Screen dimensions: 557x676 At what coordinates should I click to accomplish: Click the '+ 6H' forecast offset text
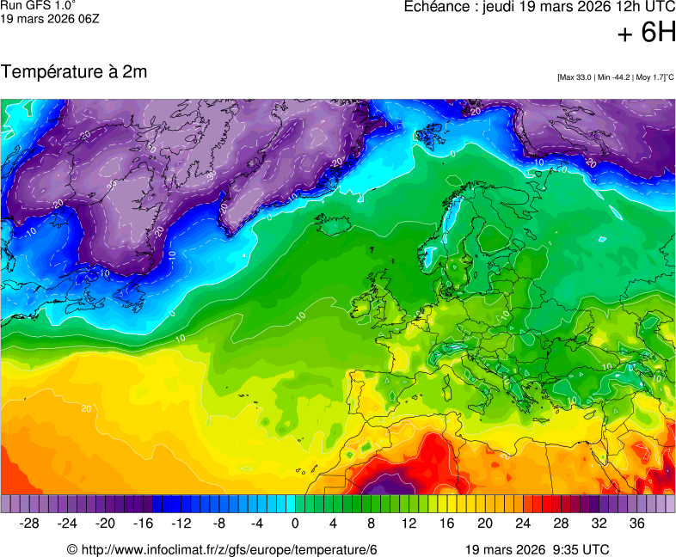(x=646, y=33)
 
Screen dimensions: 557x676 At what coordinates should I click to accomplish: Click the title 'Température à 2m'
(x=74, y=72)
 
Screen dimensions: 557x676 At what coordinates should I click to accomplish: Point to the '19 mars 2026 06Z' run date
(x=49, y=18)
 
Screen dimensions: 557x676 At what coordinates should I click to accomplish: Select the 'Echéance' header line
(x=539, y=7)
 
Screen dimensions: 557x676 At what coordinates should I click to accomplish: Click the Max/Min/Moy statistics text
(x=615, y=77)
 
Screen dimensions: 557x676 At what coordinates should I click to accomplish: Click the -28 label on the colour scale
(x=30, y=523)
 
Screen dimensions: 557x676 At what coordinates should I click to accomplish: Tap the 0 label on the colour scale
(x=295, y=523)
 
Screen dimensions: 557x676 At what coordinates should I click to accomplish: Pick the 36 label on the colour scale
(x=636, y=523)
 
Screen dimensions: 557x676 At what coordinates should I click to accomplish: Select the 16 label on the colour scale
(x=446, y=523)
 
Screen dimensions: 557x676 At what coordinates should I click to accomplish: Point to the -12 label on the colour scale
(x=181, y=523)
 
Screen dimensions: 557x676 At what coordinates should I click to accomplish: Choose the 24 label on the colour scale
(x=522, y=523)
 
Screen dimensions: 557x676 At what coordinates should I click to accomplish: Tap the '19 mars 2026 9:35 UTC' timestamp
(x=537, y=549)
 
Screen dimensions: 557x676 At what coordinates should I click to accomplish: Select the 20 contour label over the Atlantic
(x=86, y=408)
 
